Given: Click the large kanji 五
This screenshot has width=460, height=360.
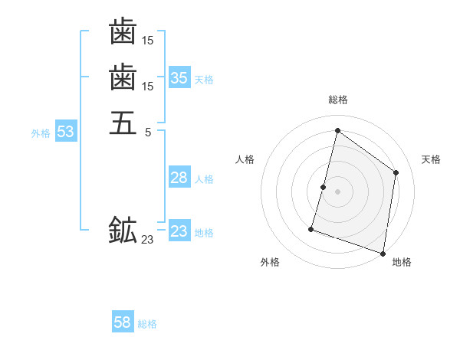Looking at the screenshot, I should point(123,122).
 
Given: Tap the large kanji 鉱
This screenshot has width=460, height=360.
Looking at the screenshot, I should point(123,230).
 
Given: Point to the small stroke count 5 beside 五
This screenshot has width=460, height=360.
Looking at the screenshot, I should point(148,132).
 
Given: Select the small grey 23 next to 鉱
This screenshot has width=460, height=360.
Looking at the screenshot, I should point(147,240).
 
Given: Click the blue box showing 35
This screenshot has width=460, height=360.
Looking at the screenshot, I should point(179,77).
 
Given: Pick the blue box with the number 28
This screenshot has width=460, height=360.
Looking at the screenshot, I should point(179,178).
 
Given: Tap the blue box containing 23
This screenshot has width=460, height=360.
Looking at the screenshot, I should point(179,231).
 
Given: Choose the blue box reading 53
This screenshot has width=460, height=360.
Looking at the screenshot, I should point(66,132).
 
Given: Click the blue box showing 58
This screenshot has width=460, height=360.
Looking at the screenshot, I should point(123,322).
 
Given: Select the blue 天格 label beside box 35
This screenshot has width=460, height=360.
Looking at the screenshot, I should point(204,80).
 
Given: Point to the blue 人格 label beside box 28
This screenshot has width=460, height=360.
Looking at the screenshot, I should point(204,180).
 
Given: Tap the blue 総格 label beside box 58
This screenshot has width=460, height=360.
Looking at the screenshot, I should point(147,325).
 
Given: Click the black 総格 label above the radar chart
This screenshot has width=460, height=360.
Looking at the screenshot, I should point(337,100).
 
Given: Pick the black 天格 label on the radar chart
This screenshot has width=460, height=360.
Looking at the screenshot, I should point(431,159).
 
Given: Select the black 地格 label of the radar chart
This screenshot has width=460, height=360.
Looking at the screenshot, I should point(402,263).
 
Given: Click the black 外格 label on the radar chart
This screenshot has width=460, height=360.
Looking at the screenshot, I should point(270,263).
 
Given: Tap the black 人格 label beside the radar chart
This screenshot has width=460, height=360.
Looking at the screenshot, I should point(245,159).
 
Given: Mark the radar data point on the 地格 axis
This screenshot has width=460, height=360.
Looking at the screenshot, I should point(383,253).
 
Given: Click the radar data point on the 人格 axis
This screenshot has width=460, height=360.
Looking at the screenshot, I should point(324,187).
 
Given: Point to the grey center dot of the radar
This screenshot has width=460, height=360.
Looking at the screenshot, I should point(337,191).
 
